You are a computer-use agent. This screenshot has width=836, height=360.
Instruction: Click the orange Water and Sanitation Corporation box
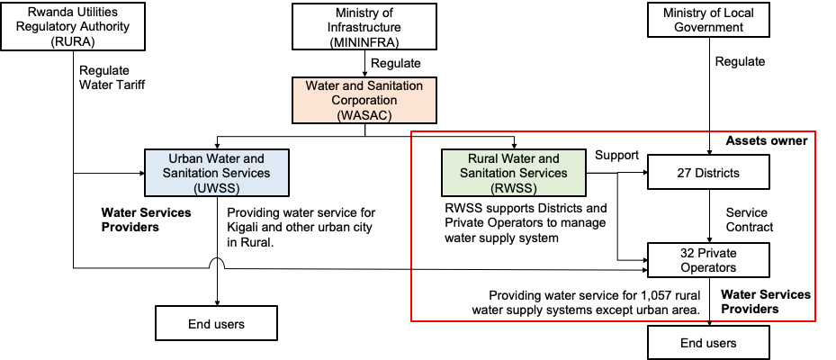[x=364, y=100]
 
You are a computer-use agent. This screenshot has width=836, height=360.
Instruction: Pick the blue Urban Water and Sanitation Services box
[x=216, y=172]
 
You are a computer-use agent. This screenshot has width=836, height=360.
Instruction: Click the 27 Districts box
[x=708, y=172]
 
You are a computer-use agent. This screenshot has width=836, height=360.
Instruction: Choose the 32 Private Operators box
[x=708, y=259]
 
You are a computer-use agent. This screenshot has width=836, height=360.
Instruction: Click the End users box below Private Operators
[x=708, y=343]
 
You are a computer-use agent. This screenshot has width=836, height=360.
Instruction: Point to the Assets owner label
[x=767, y=141]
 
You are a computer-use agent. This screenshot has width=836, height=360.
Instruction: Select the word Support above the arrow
[x=616, y=156]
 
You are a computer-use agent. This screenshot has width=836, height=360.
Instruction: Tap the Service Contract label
[x=749, y=219]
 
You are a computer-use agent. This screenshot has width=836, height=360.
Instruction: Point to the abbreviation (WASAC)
[x=364, y=115]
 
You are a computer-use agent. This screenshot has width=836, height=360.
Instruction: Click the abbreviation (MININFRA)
[x=364, y=42]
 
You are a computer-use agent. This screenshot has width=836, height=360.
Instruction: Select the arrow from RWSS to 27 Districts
[x=616, y=172]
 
